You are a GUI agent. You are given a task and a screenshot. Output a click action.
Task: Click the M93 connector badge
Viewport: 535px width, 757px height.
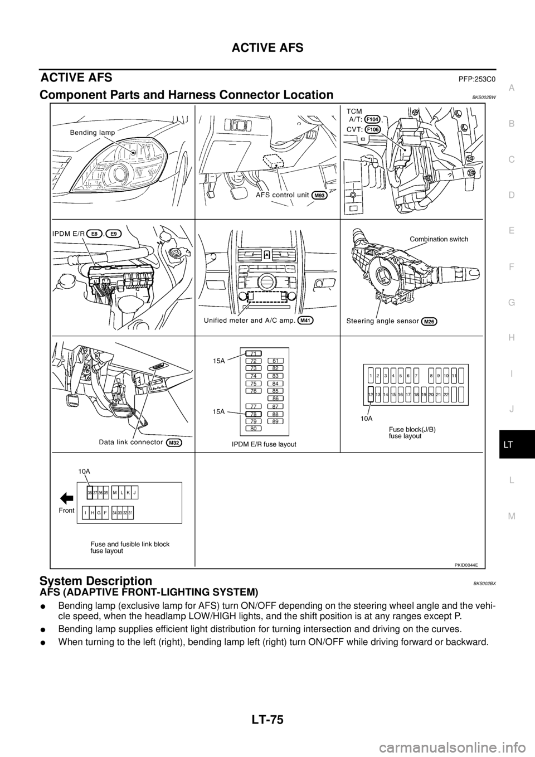[319, 195]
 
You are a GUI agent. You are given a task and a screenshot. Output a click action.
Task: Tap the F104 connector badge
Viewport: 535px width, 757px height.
[373, 119]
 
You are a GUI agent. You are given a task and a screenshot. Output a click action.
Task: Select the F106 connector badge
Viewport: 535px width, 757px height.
[373, 129]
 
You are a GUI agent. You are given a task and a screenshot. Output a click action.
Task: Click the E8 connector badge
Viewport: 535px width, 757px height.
[96, 234]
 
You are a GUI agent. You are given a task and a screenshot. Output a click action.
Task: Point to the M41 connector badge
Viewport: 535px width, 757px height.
[306, 321]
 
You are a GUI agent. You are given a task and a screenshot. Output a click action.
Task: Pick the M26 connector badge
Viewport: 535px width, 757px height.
[429, 321]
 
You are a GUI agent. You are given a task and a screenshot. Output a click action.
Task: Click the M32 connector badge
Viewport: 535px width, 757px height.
[174, 443]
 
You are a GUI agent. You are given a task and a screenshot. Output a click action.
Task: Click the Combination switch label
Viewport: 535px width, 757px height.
[439, 239]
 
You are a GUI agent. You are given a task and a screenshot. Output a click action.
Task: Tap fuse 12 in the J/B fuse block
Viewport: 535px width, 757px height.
[370, 394]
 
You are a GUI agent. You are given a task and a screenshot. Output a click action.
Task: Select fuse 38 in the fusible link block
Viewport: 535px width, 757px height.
[90, 492]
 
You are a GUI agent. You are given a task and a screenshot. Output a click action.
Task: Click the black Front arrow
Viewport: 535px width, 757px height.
[66, 498]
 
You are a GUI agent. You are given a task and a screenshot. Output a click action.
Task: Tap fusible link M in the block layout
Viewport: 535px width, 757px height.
[114, 492]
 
